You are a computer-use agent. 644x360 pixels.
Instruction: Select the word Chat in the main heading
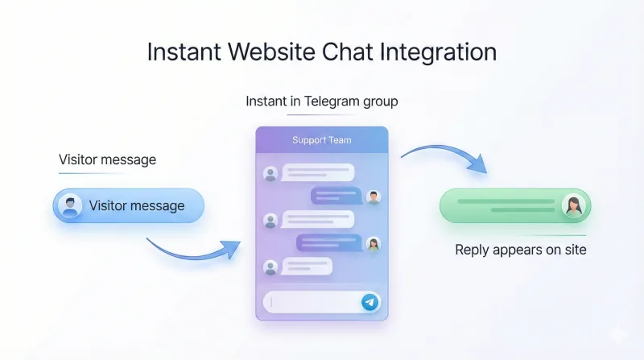pos(348,52)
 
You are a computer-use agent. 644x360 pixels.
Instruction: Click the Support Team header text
pos(321,140)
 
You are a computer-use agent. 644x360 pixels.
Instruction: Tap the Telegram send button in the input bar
pos(369,302)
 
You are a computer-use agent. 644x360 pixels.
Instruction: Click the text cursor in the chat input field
pos(272,302)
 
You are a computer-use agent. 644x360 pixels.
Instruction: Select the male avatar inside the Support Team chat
pos(373,196)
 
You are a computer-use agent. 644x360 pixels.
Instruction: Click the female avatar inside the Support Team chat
pos(373,243)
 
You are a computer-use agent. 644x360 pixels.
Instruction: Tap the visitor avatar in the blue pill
pos(71,205)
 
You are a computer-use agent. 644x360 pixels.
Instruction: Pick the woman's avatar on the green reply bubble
pos(573,205)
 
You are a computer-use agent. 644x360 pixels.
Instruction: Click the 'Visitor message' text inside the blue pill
pos(137,205)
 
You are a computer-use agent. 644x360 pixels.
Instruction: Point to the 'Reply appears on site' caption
pos(521,250)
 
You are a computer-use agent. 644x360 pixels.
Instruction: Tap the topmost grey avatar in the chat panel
pos(270,172)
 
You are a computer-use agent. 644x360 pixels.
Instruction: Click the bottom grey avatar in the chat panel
pos(270,267)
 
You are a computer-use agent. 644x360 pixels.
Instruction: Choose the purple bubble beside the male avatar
pos(336,196)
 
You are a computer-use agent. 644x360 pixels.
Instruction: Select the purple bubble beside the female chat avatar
pos(329,243)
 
